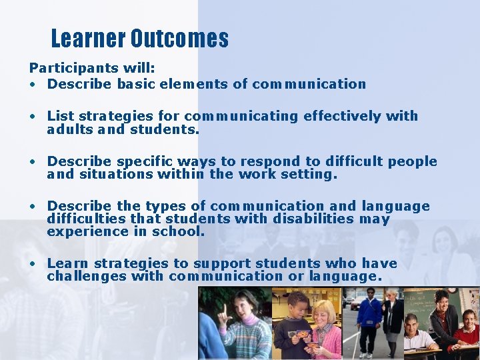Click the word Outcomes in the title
coord(179,39)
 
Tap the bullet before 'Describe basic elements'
coord(33,85)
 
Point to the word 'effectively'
coord(343,117)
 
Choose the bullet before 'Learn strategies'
coord(33,264)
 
